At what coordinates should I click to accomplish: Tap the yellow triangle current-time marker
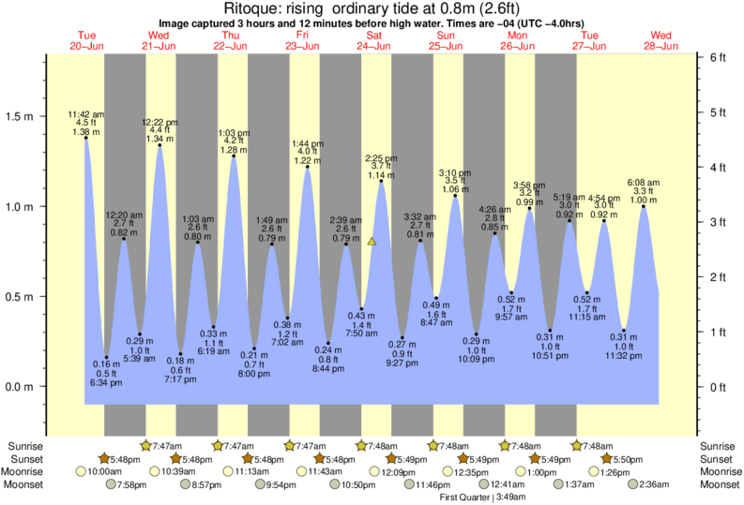[x=372, y=242]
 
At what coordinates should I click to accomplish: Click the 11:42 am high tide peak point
[x=86, y=138]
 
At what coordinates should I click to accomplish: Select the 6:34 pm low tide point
[x=106, y=357]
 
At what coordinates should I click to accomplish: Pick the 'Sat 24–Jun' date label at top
[x=374, y=40]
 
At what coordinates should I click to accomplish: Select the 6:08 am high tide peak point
[x=644, y=206]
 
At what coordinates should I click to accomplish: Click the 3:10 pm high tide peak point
[x=455, y=196]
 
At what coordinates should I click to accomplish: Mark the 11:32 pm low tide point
[x=624, y=331]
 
